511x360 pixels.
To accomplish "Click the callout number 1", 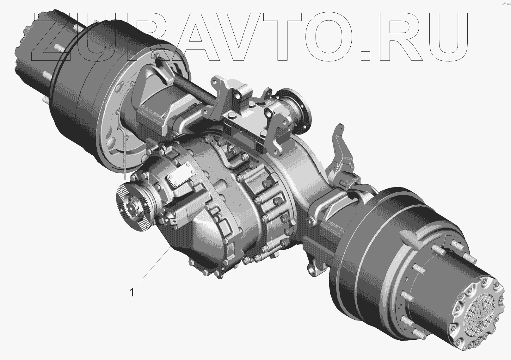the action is click(132, 293).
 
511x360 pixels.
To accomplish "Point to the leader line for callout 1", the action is click(156, 264).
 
